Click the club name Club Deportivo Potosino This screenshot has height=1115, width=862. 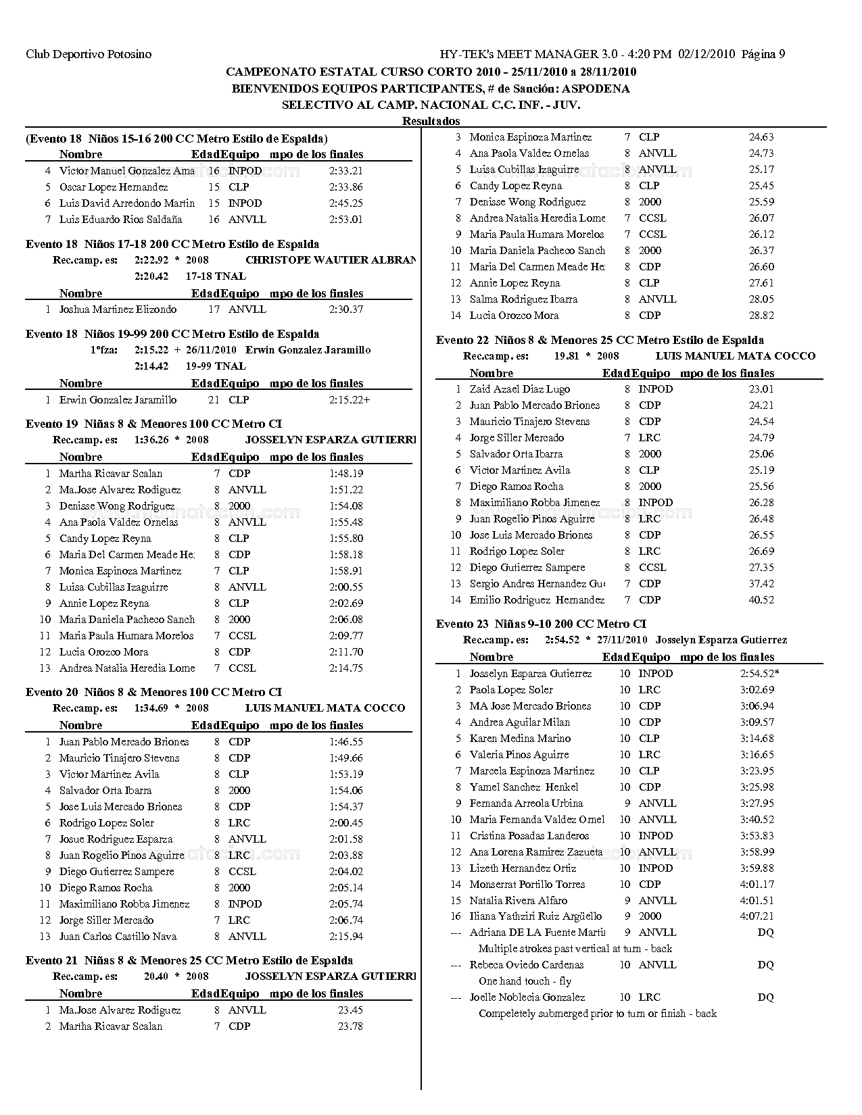pos(89,54)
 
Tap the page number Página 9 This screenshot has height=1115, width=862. pos(763,54)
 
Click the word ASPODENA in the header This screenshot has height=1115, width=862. pos(598,89)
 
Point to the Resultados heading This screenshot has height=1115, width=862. pos(431,121)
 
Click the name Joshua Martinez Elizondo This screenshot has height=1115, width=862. pos(118,309)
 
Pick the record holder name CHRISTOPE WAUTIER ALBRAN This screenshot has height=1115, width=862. pos(331,259)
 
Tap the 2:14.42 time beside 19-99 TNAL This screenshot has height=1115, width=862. pos(151,366)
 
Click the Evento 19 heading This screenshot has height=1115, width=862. pos(153,424)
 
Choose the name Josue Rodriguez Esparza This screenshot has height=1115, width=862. pos(116,839)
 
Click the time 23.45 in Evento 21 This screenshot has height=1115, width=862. pos(350,1010)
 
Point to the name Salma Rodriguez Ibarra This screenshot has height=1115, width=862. pos(523,299)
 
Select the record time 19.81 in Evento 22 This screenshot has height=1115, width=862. pos(567,356)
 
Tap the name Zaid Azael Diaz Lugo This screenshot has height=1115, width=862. pos(519,389)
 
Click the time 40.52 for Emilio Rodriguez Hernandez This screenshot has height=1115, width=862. pos(761,600)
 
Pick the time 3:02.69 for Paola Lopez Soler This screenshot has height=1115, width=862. pos(757,690)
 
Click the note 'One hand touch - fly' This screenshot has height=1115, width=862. pos(525,981)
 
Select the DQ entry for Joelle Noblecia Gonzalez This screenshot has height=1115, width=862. pos(765,997)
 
